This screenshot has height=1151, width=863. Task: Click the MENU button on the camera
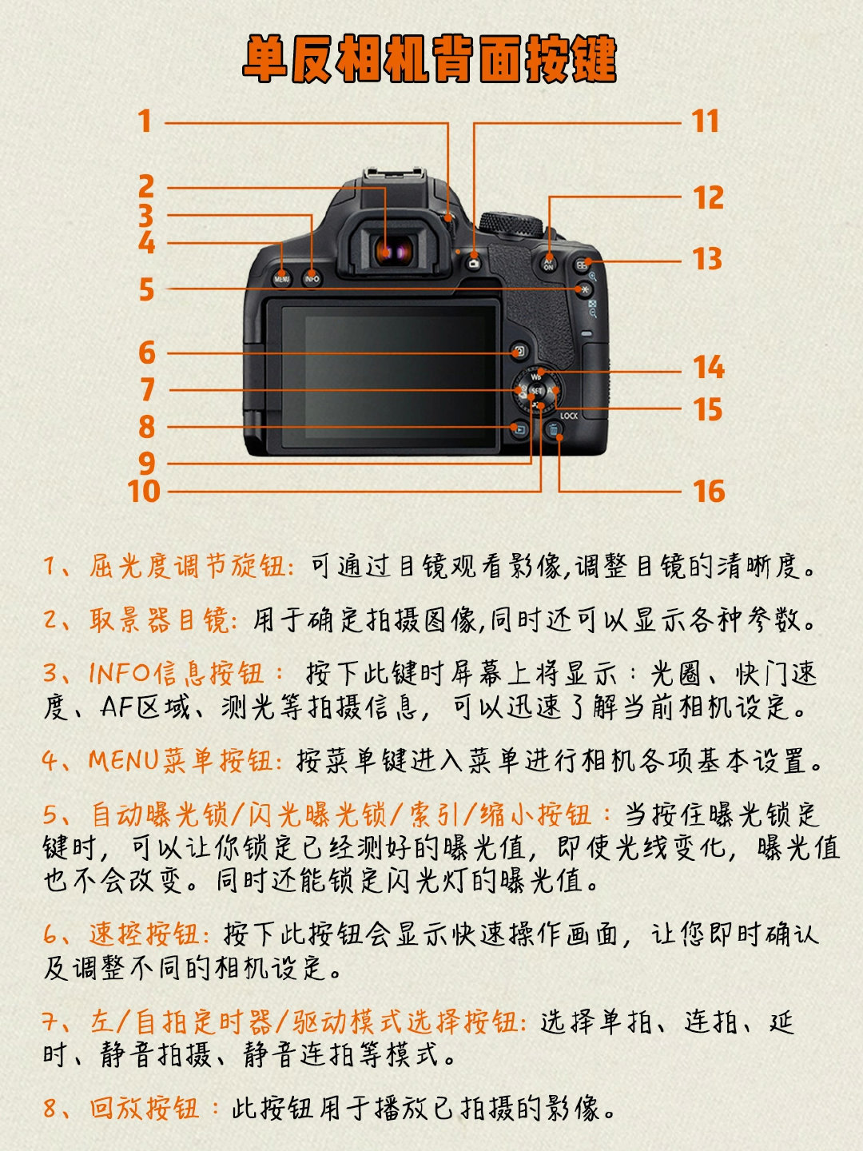[x=282, y=278]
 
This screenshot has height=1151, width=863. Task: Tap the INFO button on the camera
[x=312, y=278]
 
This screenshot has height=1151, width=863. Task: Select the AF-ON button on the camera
[x=549, y=264]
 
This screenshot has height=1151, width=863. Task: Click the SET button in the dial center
[x=536, y=391]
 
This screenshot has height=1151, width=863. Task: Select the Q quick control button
[x=519, y=352]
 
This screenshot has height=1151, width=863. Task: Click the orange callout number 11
[x=705, y=121]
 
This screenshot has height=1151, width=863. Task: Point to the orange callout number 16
[x=709, y=492]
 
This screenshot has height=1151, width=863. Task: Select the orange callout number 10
[x=144, y=492]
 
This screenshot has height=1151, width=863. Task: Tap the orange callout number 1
[x=145, y=121]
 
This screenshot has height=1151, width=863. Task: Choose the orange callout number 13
[x=707, y=258]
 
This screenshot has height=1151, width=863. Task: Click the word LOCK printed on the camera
[x=569, y=416]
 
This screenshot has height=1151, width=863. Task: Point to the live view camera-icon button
[x=474, y=264]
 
